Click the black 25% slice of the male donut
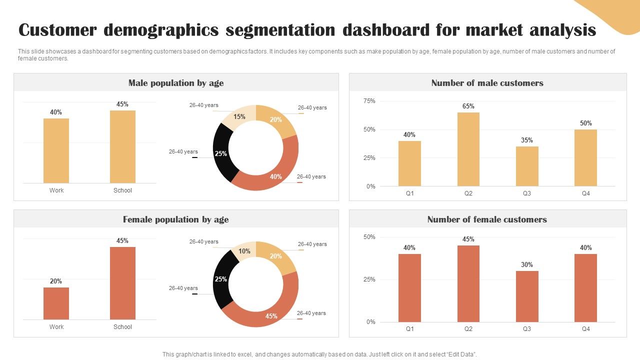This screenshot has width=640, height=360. pos(221,153)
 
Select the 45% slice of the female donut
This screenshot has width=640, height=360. pos(265,312)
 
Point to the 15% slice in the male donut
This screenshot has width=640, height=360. pos(239,116)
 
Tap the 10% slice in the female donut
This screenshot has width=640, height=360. pos(244,251)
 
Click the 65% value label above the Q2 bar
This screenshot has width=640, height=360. pos(468,106)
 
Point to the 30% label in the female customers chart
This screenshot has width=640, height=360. pos(527,265)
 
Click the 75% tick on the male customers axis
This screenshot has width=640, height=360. pos(369,101)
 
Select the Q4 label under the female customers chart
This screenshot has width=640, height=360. pos(585,329)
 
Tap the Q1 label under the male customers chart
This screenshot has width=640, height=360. pos(409,193)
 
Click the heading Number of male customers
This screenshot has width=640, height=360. pos(487,83)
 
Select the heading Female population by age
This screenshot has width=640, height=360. pos(175,219)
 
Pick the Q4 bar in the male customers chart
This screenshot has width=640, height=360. pos(585,157)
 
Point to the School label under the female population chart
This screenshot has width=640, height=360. pos(122,327)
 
